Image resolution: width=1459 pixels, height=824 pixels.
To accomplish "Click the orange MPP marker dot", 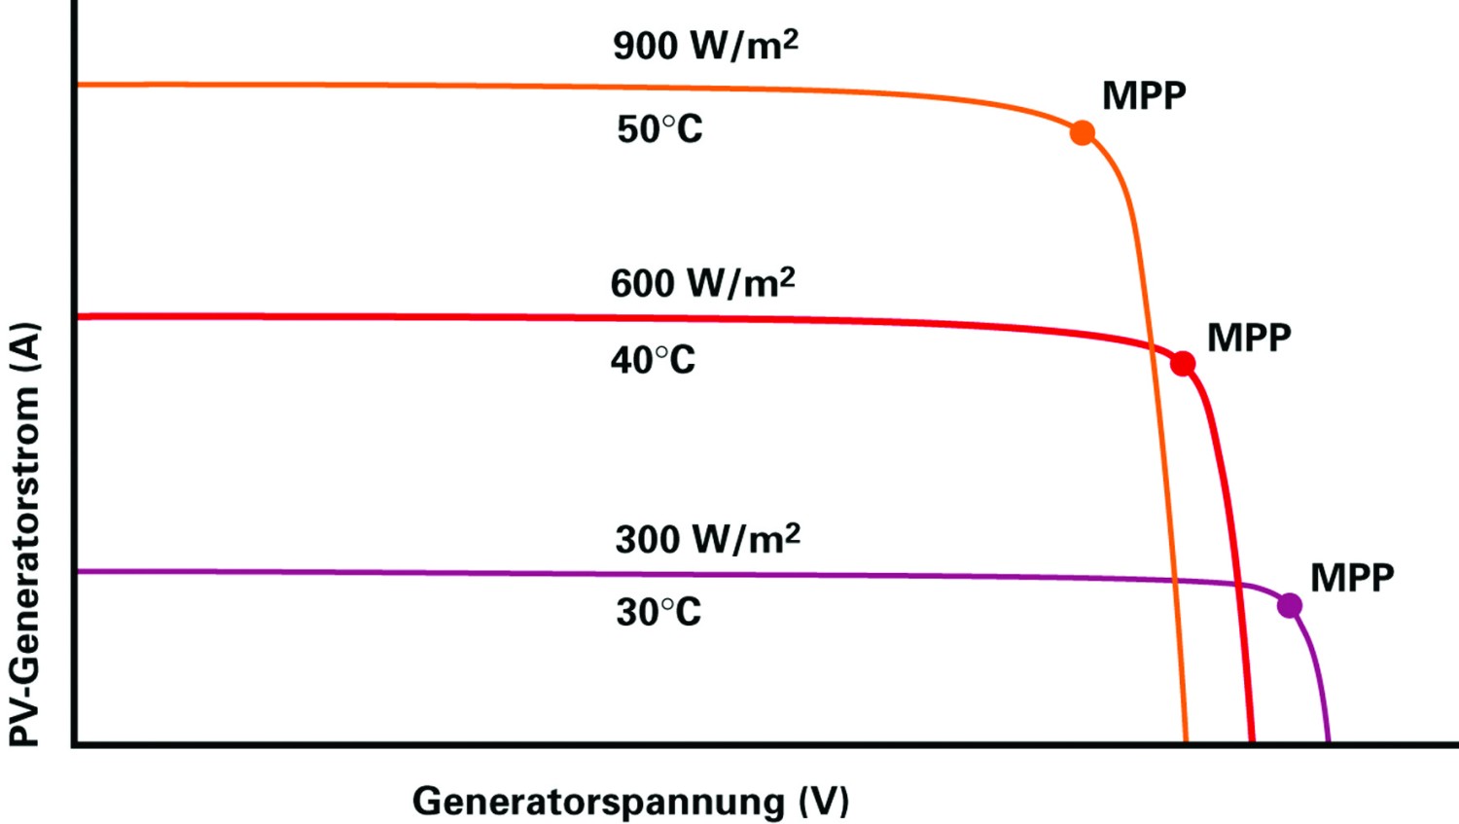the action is coord(1083,133).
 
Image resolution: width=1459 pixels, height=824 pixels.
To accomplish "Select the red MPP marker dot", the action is coord(1183,364).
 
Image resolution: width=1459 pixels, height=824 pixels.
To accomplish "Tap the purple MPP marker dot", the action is coord(1290,605).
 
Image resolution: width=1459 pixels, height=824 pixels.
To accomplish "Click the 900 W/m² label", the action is coord(705,46).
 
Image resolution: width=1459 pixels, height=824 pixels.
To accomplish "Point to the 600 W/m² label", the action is coord(703,283).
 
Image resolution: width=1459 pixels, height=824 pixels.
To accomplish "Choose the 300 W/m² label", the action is coord(708,539).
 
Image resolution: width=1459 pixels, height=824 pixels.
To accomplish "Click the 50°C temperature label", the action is coord(659,129).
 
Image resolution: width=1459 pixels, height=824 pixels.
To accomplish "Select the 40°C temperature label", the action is coord(653,360).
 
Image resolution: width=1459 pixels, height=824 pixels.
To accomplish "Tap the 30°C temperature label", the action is coord(658,612).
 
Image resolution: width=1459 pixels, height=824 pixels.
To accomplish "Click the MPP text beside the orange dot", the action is coord(1145,95).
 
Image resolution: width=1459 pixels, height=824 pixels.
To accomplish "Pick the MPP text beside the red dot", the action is coord(1249,338).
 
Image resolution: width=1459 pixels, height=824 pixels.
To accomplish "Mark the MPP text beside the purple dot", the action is coord(1352,578).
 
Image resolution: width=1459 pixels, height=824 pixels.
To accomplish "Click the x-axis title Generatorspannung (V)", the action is coord(630,802).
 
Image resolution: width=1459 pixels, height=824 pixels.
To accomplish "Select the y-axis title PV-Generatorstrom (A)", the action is coord(24,534).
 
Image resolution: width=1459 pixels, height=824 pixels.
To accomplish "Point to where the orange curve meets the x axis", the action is coord(1186,741).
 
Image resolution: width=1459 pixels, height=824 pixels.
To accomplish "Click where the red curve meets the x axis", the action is coord(1252,741).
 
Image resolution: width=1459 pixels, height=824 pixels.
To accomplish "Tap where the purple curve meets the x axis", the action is coord(1328,741).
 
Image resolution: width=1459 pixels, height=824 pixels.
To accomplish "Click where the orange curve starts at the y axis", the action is coord(78,85).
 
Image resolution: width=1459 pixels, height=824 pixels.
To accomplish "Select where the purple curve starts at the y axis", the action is coord(78,571).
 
